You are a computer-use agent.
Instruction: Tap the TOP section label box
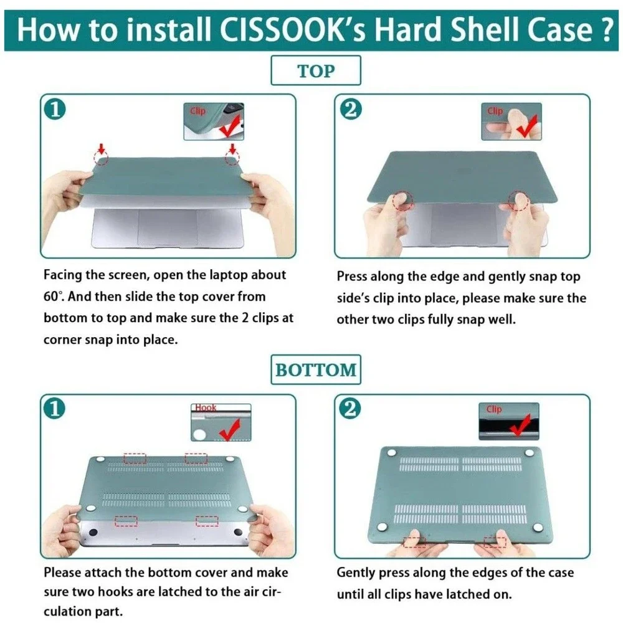[x=316, y=70]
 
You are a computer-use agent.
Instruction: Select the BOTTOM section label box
[x=316, y=369]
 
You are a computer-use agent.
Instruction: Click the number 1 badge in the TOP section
[x=55, y=109]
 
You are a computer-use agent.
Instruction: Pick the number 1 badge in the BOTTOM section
[x=55, y=409]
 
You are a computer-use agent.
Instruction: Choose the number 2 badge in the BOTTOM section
[x=350, y=409]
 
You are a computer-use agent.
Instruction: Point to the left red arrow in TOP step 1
[x=102, y=149]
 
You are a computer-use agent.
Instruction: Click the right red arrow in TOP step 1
[x=233, y=149]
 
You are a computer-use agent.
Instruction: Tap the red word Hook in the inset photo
[x=206, y=407]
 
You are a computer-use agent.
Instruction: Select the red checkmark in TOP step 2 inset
[x=527, y=126]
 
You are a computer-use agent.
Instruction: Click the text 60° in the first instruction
[x=53, y=297]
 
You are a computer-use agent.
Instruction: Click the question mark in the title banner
[x=605, y=30]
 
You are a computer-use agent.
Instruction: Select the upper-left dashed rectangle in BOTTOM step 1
[x=135, y=458]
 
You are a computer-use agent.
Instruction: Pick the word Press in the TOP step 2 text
[x=352, y=277]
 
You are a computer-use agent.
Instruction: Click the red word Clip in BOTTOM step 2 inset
[x=494, y=409]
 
